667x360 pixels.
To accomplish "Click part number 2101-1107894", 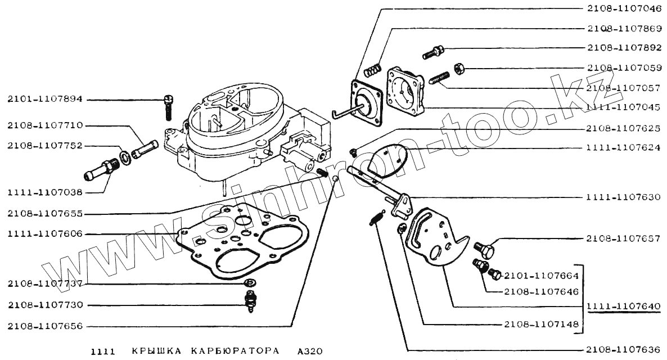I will pyautogui.click(x=45, y=100).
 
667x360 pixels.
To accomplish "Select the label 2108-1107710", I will pyautogui.click(x=45, y=125).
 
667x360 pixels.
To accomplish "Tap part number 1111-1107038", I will pyautogui.click(x=45, y=192).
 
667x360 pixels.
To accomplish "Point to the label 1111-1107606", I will pyautogui.click(x=45, y=233).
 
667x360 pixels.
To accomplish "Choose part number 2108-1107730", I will pyautogui.click(x=45, y=305).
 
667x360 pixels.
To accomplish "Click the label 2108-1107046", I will pyautogui.click(x=623, y=10).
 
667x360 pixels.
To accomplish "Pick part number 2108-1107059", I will pyautogui.click(x=623, y=67).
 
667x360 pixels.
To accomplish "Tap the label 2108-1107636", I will pyautogui.click(x=623, y=348).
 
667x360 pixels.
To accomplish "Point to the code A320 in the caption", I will pyautogui.click(x=310, y=352).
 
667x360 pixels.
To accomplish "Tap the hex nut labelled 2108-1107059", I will pyautogui.click(x=458, y=68).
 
